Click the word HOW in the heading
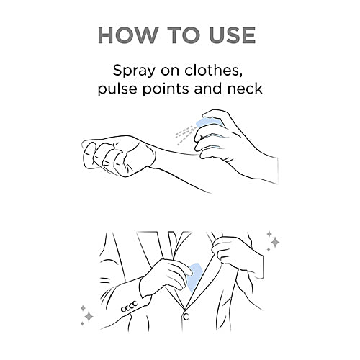coord(127,35)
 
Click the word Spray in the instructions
coord(134,71)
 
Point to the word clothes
coord(213,71)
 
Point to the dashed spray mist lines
coord(185,135)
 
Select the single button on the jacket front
coord(186,317)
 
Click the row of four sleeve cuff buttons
coord(129,307)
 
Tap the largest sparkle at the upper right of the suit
coord(276,242)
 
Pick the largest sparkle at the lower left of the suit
coord(89,316)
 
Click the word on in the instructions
coord(170,72)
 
